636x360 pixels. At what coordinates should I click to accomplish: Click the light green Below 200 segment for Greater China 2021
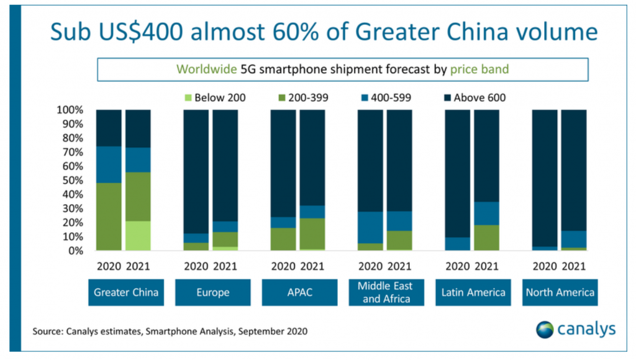point(138,236)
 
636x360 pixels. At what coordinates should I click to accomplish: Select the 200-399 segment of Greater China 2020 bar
point(109,217)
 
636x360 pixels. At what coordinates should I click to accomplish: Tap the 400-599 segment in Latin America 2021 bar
point(486,213)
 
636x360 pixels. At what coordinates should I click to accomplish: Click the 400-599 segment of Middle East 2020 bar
point(370,227)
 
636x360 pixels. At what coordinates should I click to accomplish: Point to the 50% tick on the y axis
point(73,181)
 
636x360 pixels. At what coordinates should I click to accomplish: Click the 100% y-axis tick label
point(70,110)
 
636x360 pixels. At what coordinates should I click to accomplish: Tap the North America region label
point(559,292)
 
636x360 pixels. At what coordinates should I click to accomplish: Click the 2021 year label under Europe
point(225,267)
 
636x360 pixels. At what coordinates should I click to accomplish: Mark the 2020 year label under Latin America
point(458,267)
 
